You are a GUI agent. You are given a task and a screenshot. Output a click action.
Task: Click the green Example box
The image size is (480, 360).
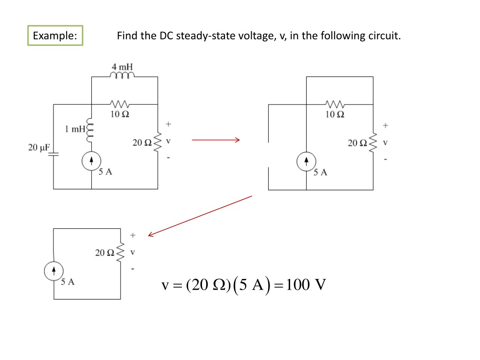[x=55, y=36]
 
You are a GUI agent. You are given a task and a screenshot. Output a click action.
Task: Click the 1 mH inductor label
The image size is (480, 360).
[x=75, y=129]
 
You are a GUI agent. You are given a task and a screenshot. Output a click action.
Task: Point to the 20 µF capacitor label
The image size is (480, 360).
[x=38, y=148]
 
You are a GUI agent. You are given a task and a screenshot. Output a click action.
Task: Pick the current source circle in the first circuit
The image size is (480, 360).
[x=91, y=161]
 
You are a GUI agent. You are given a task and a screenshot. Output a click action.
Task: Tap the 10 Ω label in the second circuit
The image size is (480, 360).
[x=335, y=114]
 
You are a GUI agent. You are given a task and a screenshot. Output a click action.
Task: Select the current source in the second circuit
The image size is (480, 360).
[x=306, y=162]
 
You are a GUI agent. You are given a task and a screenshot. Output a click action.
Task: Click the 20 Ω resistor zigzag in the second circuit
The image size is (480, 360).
[x=374, y=143]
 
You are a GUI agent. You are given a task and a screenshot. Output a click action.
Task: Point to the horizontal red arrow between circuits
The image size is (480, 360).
[x=216, y=140]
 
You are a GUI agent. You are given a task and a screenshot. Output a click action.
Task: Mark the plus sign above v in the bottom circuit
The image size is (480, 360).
[x=133, y=234]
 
